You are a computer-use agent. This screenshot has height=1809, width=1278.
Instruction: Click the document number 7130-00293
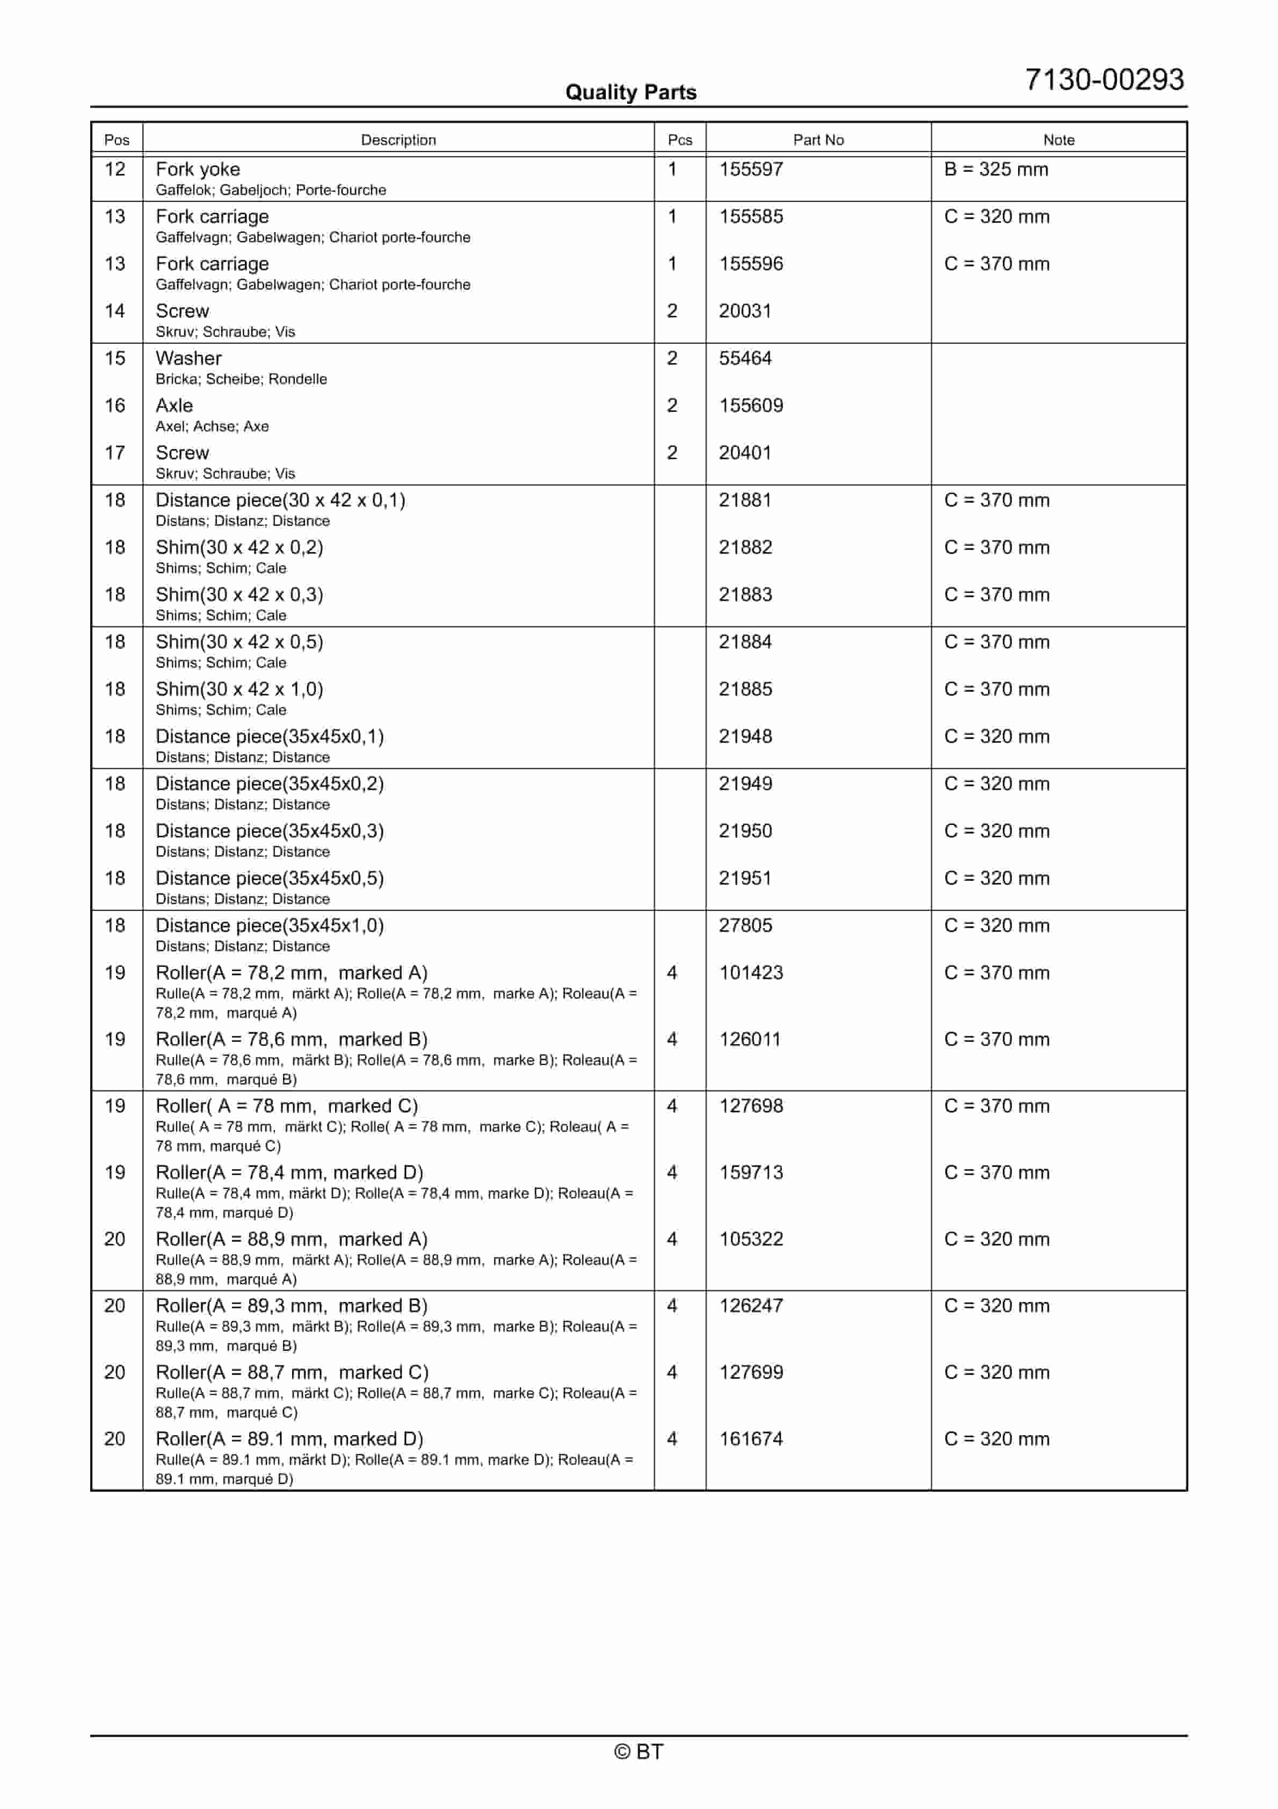click(1104, 79)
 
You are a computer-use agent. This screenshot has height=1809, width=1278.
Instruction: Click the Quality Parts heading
click(630, 92)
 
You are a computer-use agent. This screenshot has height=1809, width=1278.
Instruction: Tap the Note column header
click(1058, 140)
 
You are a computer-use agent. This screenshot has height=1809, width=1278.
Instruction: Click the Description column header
click(398, 140)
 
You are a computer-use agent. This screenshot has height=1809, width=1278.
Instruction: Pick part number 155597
click(751, 169)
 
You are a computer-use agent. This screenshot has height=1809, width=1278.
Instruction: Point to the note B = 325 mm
click(996, 169)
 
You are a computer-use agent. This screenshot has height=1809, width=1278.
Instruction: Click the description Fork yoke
click(198, 169)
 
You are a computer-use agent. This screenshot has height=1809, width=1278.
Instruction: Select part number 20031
click(745, 311)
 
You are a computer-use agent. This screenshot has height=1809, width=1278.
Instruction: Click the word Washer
click(188, 358)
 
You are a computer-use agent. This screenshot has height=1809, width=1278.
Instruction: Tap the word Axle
click(174, 406)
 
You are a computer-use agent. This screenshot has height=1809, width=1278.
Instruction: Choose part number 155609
click(751, 406)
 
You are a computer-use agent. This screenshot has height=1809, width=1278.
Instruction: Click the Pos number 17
click(115, 453)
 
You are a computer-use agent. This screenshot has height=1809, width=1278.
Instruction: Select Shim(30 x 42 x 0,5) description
click(239, 642)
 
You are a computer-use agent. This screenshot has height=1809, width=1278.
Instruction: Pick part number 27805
click(745, 926)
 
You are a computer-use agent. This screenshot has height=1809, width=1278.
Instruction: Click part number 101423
click(751, 973)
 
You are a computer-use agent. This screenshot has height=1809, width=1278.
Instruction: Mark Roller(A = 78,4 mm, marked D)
click(289, 1173)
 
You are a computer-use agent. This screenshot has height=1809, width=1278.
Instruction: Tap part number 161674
click(751, 1439)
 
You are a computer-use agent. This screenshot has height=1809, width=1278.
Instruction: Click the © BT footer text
click(638, 1752)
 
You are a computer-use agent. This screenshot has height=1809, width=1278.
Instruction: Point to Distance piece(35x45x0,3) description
click(270, 831)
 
